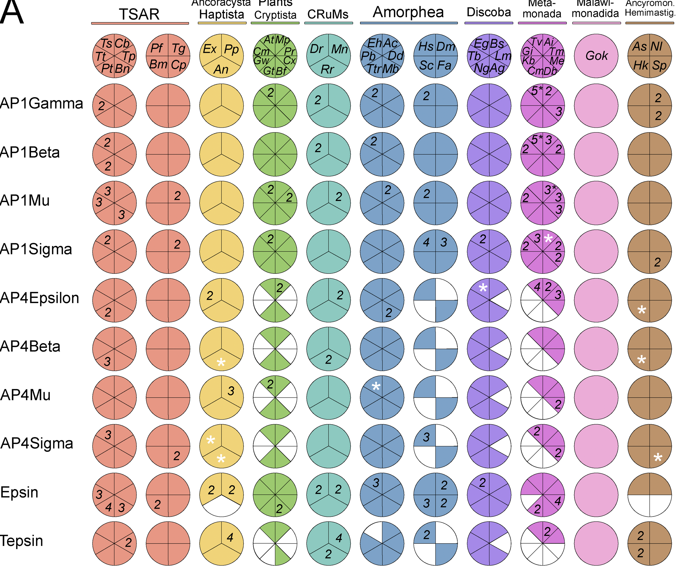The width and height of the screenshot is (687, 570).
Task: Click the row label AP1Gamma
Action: [42, 104]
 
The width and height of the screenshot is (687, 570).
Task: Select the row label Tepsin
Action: [22, 541]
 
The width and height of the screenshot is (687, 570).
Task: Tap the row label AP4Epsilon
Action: [40, 298]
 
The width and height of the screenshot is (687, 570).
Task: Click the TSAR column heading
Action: [139, 14]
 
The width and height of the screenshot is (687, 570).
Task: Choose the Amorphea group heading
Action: [408, 12]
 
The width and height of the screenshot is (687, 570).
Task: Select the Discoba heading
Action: [489, 12]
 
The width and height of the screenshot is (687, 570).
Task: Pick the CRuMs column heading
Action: [328, 14]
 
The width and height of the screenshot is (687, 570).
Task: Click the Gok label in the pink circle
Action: [596, 56]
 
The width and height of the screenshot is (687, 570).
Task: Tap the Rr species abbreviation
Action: [327, 69]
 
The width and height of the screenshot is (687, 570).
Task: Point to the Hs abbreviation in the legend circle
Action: [426, 47]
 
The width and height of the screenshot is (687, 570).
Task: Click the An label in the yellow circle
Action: [221, 69]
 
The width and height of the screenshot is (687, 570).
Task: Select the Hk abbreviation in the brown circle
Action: [640, 66]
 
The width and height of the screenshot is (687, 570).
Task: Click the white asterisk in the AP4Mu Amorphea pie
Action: [376, 387]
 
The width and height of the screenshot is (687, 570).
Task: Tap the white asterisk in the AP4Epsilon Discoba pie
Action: [483, 288]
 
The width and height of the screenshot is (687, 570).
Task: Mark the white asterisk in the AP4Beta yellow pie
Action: [221, 362]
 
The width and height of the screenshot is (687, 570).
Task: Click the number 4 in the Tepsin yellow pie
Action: [230, 537]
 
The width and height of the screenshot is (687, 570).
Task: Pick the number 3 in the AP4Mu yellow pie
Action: [231, 391]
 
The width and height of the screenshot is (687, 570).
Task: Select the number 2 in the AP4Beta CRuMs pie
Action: [328, 360]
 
